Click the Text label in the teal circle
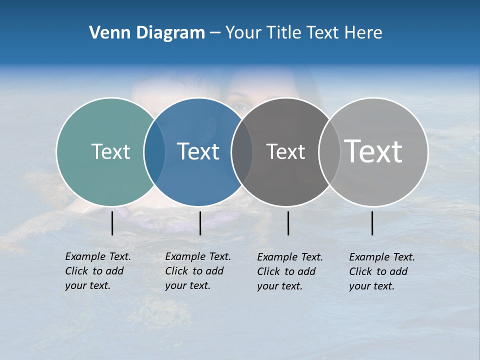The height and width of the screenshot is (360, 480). click(x=110, y=151)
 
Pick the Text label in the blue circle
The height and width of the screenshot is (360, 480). click(x=198, y=151)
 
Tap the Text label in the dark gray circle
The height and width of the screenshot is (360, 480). click(x=285, y=152)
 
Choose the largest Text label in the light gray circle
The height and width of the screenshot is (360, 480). click(x=373, y=151)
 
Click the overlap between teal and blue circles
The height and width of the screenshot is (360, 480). click(x=154, y=152)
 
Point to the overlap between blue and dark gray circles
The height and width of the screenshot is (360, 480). click(x=242, y=152)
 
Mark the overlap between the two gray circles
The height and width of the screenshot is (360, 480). click(x=329, y=152)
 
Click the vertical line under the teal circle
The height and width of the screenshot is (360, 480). click(x=112, y=223)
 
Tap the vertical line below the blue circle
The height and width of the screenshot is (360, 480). click(x=200, y=223)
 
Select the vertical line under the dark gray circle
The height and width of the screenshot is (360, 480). click(x=288, y=223)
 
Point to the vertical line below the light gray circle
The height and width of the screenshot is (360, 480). click(x=372, y=223)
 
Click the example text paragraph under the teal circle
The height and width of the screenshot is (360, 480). click(x=97, y=271)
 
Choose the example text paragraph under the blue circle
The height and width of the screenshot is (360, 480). click(x=197, y=271)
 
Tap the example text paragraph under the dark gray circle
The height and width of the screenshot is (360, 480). click(x=290, y=271)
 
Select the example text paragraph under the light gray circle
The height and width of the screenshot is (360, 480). click(x=382, y=271)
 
